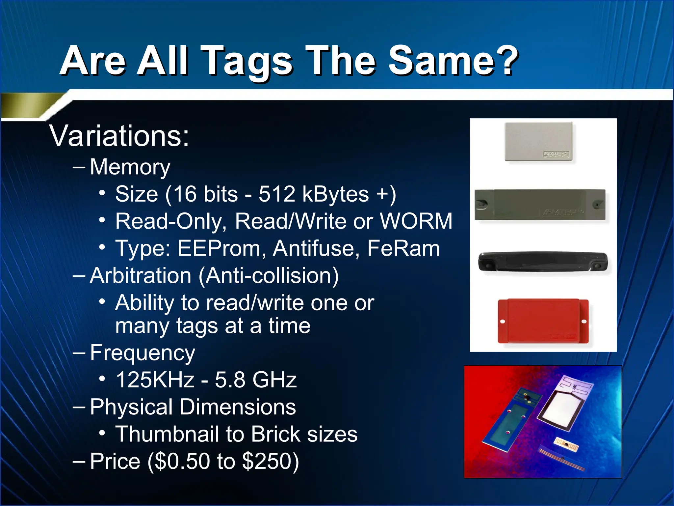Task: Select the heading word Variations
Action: tap(119, 136)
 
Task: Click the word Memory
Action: tap(130, 167)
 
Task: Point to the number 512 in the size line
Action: tap(277, 194)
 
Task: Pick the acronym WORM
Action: tap(416, 221)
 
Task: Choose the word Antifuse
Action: tap(316, 248)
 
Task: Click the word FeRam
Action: tap(403, 248)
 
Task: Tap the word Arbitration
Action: tap(141, 275)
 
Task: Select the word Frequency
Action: tap(143, 353)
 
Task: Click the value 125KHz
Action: tap(155, 380)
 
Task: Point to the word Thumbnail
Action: tap(167, 434)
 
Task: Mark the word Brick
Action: tap(276, 434)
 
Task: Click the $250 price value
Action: tap(267, 461)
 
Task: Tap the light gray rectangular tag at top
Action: tap(539, 141)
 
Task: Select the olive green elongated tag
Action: tap(540, 205)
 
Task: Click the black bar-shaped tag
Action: tap(543, 262)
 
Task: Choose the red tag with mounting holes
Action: tap(543, 321)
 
